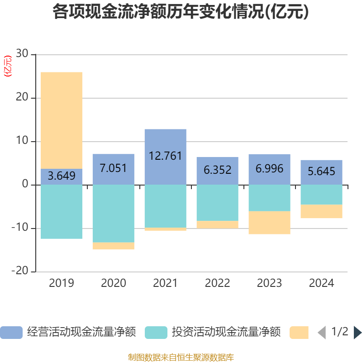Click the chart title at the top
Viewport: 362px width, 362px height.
pyautogui.click(x=181, y=12)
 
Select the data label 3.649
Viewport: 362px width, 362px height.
pyautogui.click(x=62, y=176)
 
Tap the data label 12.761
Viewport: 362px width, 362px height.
pyautogui.click(x=165, y=156)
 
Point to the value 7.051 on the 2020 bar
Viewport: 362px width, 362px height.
pyautogui.click(x=113, y=169)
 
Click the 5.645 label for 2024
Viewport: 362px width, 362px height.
pyautogui.click(x=321, y=171)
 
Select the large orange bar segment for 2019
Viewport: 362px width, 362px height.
pyautogui.click(x=62, y=120)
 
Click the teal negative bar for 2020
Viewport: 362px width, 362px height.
pyautogui.click(x=113, y=214)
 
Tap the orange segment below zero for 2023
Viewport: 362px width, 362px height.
pyautogui.click(x=269, y=223)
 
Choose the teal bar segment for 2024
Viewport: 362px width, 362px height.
pyautogui.click(x=321, y=195)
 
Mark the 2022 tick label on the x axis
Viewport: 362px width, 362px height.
pyautogui.click(x=217, y=284)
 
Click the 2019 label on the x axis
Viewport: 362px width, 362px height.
pyautogui.click(x=62, y=284)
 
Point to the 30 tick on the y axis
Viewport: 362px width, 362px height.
pyautogui.click(x=22, y=54)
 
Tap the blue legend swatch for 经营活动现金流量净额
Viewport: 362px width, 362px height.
pyautogui.click(x=11, y=333)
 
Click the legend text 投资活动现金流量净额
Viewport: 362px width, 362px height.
pyautogui.click(x=226, y=333)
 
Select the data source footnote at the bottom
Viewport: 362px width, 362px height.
pyautogui.click(x=181, y=357)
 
